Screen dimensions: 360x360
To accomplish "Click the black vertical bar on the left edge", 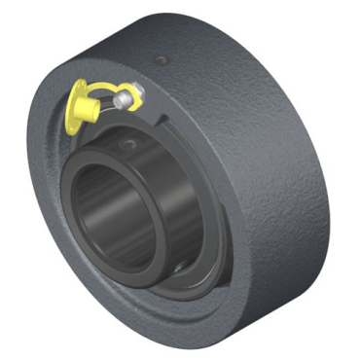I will coord(11,180).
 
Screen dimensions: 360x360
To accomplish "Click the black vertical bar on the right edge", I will coord(348,180).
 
